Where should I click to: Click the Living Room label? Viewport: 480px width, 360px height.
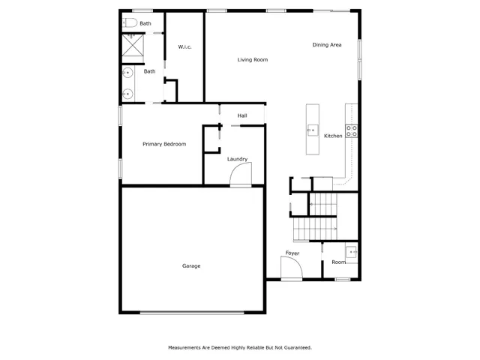(x=253, y=60)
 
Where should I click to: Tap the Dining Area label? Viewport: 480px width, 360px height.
(x=327, y=45)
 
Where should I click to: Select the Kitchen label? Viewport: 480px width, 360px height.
(x=333, y=136)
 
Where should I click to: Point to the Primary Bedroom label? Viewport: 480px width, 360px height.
(x=164, y=144)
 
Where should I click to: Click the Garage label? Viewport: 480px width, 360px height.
(x=191, y=266)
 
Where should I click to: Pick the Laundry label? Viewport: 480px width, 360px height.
(x=237, y=159)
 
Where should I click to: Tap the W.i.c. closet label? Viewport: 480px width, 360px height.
(x=185, y=47)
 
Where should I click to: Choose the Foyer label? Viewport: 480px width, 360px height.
(x=292, y=253)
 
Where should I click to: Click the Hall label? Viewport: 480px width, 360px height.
(x=242, y=115)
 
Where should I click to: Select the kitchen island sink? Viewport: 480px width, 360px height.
(x=312, y=130)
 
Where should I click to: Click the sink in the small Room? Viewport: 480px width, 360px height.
(x=350, y=250)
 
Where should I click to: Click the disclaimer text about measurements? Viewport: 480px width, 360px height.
(x=240, y=348)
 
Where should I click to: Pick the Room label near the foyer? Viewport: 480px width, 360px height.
(x=339, y=262)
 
